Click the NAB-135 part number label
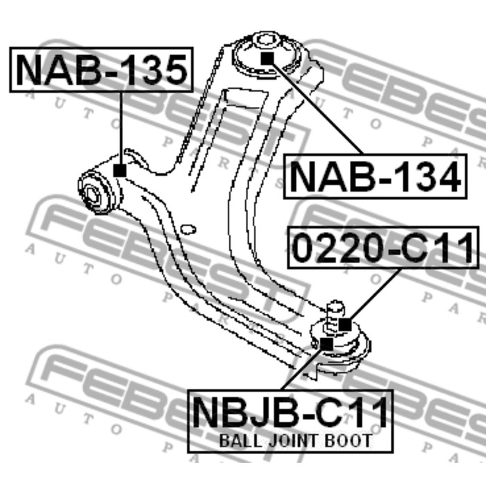pos(101,69)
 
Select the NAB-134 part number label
pos(376,177)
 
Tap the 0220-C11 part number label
pos(384,248)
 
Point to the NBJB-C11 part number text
pos(290,412)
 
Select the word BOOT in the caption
pos(348,441)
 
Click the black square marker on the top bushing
pos(267,58)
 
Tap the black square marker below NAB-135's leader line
pos(120,171)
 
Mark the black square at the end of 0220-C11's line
pos(345,324)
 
